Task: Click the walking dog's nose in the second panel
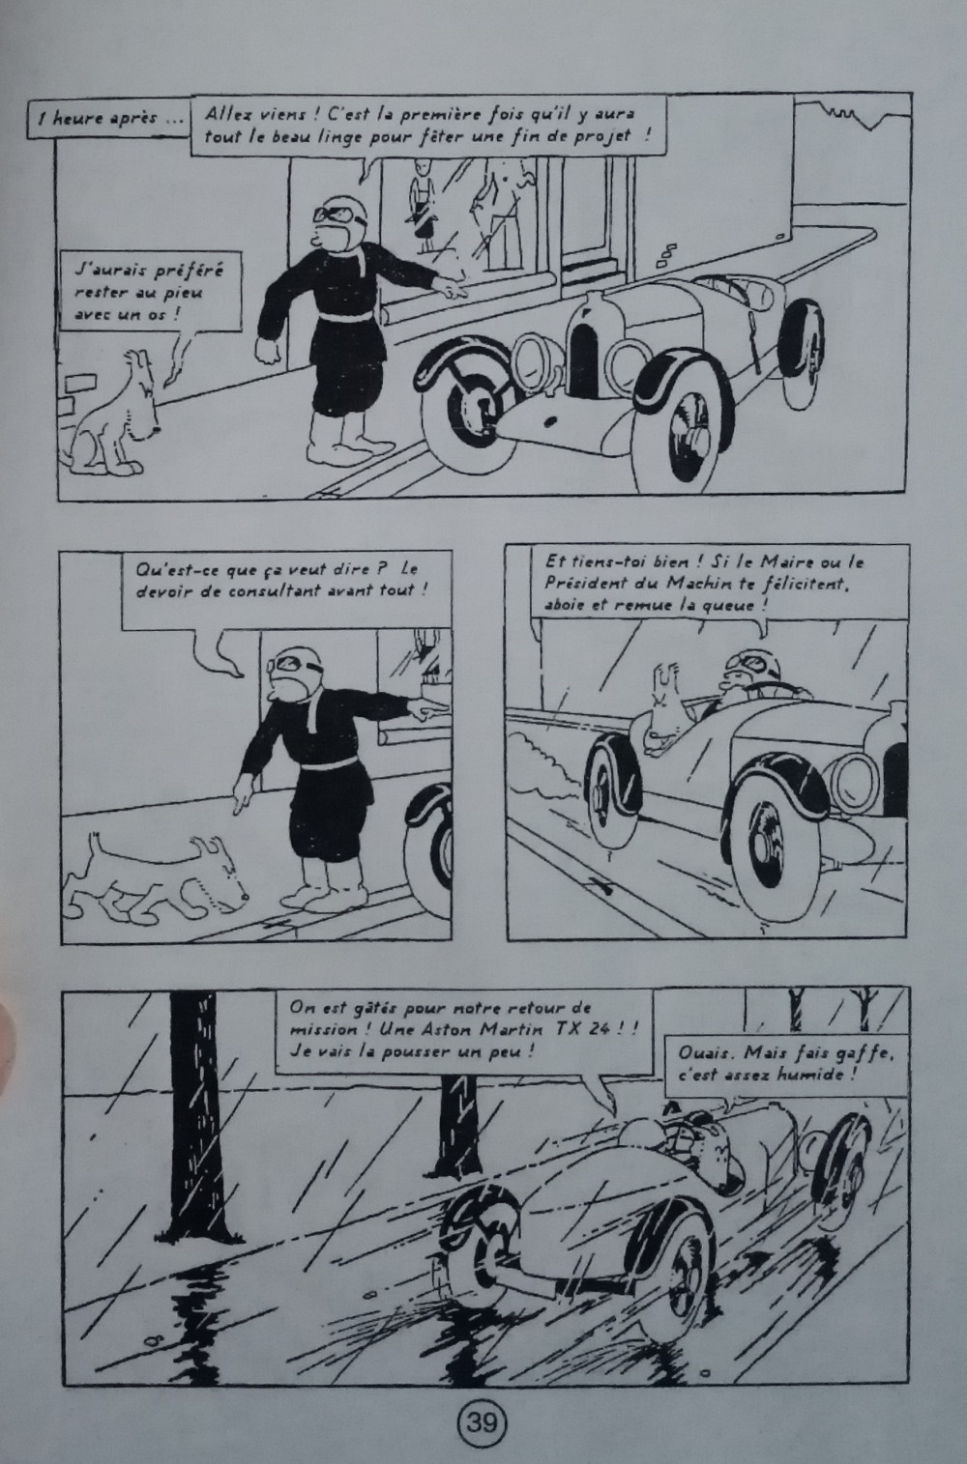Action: (243, 895)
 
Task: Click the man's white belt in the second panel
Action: (335, 764)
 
